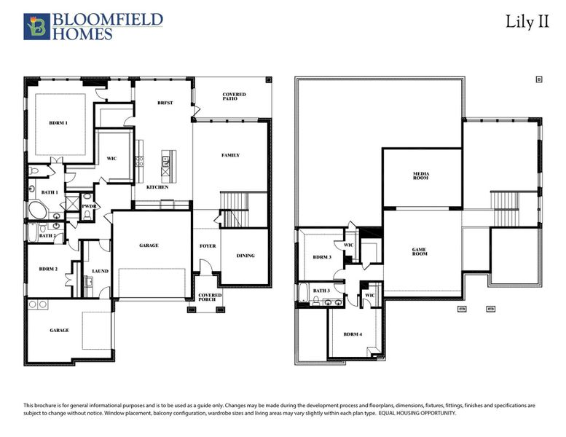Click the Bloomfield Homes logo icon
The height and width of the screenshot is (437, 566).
click(x=36, y=25)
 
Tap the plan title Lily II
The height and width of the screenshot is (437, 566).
click(x=527, y=21)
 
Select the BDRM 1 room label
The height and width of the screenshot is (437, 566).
click(x=58, y=122)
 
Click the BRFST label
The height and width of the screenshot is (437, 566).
click(x=165, y=103)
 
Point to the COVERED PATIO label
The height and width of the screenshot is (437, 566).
click(x=234, y=97)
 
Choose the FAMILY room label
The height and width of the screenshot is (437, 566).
click(x=231, y=155)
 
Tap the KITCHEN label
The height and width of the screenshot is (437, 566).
click(x=157, y=187)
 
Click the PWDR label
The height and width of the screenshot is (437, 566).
click(x=90, y=206)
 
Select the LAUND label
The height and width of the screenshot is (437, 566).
click(x=100, y=271)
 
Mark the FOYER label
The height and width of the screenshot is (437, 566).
click(x=208, y=246)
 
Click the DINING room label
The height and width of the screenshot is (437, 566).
click(x=245, y=256)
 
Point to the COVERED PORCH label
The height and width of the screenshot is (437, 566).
click(x=210, y=297)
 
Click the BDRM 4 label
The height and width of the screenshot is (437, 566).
click(x=353, y=334)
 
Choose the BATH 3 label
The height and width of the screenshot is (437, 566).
click(x=322, y=291)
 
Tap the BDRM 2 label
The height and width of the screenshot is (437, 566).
click(x=48, y=269)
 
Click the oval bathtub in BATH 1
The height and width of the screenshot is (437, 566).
click(x=36, y=212)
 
